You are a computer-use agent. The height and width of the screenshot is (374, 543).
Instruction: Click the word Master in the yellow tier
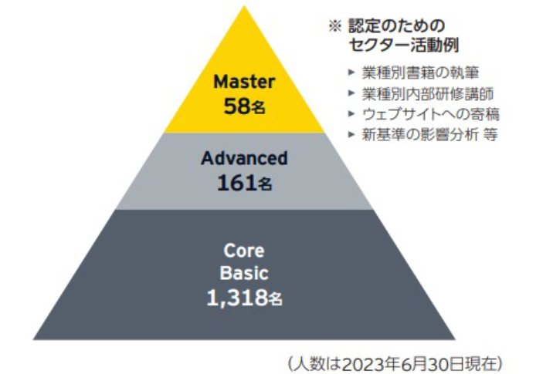pyautogui.click(x=244, y=82)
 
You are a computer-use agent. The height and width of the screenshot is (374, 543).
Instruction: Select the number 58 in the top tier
pyautogui.click(x=237, y=106)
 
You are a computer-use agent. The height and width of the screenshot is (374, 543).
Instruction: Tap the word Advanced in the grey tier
pyautogui.click(x=244, y=158)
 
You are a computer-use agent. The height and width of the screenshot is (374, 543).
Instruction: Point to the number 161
pyautogui.click(x=237, y=183)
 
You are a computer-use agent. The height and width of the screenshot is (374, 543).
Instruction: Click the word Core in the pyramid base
pyautogui.click(x=244, y=251)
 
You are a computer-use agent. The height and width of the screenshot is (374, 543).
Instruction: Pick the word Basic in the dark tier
pyautogui.click(x=244, y=273)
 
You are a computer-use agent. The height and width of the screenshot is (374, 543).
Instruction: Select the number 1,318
pyautogui.click(x=237, y=298)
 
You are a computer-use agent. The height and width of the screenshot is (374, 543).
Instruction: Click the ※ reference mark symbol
pyautogui.click(x=335, y=27)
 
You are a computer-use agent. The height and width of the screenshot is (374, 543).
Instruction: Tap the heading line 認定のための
pyautogui.click(x=396, y=26)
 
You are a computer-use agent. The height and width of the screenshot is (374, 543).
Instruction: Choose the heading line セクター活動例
pyautogui.click(x=404, y=45)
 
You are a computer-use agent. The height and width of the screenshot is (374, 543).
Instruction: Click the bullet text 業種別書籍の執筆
pyautogui.click(x=420, y=72)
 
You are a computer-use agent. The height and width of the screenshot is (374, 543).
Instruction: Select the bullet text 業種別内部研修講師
pyautogui.click(x=428, y=93)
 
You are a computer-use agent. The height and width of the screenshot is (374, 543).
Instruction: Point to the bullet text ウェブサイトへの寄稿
pyautogui.click(x=431, y=114)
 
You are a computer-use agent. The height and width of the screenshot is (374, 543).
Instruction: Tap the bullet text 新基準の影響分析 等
pyautogui.click(x=429, y=134)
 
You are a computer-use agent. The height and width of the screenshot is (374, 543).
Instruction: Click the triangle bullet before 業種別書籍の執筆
pyautogui.click(x=351, y=72)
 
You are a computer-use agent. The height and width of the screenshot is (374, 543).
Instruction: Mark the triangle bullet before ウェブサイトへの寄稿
pyautogui.click(x=351, y=113)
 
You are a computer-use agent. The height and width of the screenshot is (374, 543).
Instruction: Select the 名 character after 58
pyautogui.click(x=258, y=107)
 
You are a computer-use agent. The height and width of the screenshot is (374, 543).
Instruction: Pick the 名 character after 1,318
pyautogui.click(x=276, y=299)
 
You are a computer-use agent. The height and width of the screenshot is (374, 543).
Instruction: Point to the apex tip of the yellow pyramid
pyautogui.click(x=245, y=6)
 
